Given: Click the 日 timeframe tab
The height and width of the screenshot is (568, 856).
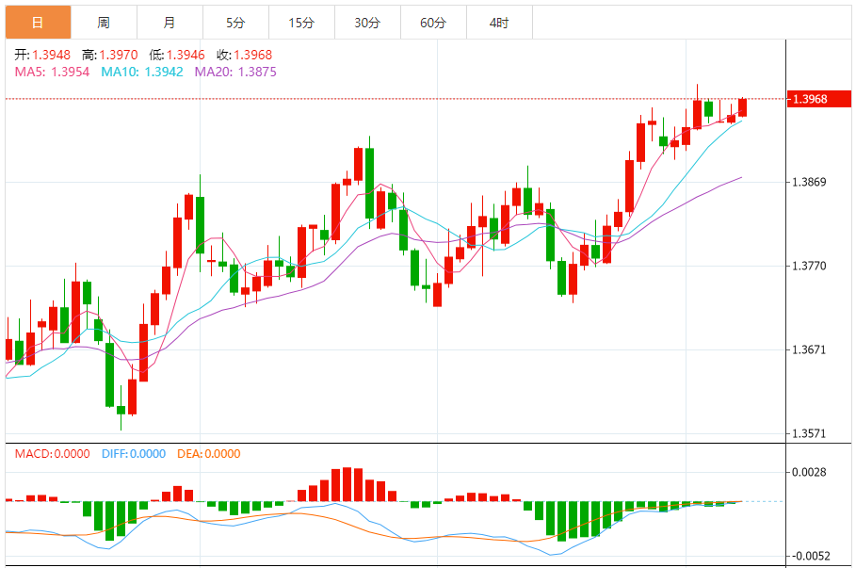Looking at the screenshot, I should pos(38,23).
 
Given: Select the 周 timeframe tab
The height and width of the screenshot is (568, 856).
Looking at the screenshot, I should pos(104,23).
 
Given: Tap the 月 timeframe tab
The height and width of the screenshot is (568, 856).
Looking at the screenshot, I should pos(169,23).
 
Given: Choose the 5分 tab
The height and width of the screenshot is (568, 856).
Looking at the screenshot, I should pos(235,23).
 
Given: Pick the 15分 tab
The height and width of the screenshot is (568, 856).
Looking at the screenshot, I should pos(301,23).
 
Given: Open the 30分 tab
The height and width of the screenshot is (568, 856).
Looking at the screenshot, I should pos(367,23).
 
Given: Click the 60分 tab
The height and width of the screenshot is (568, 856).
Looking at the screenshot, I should pos(433,23).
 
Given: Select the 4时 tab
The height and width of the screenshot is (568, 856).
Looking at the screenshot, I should pos(499,23).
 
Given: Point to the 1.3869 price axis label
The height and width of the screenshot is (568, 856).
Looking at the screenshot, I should pos(809,182).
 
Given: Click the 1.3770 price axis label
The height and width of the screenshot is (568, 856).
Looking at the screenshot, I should pos(809,267).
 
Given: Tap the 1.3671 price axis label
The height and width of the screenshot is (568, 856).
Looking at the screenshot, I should pos(809,350).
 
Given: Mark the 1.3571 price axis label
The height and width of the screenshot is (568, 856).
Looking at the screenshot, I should pos(809,434).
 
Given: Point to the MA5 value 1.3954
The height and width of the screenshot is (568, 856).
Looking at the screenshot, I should pos(70,71).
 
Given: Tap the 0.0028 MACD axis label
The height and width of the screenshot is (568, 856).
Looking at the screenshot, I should pos(809,472).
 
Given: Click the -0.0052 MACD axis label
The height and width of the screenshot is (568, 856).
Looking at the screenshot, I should pos(811,556).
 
